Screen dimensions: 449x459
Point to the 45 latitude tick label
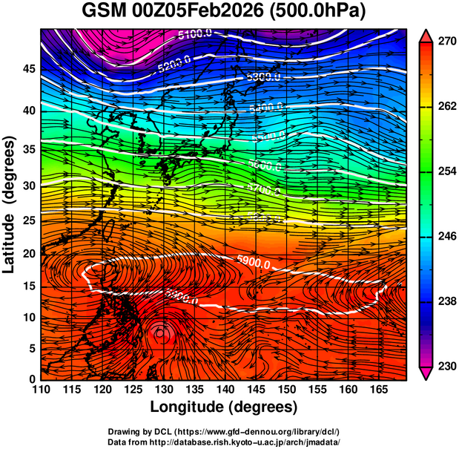27,69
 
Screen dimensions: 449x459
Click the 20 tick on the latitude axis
27,254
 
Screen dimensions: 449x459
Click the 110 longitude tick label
41,390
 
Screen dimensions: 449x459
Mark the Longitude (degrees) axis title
224,407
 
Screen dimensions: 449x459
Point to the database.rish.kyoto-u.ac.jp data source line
224,442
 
